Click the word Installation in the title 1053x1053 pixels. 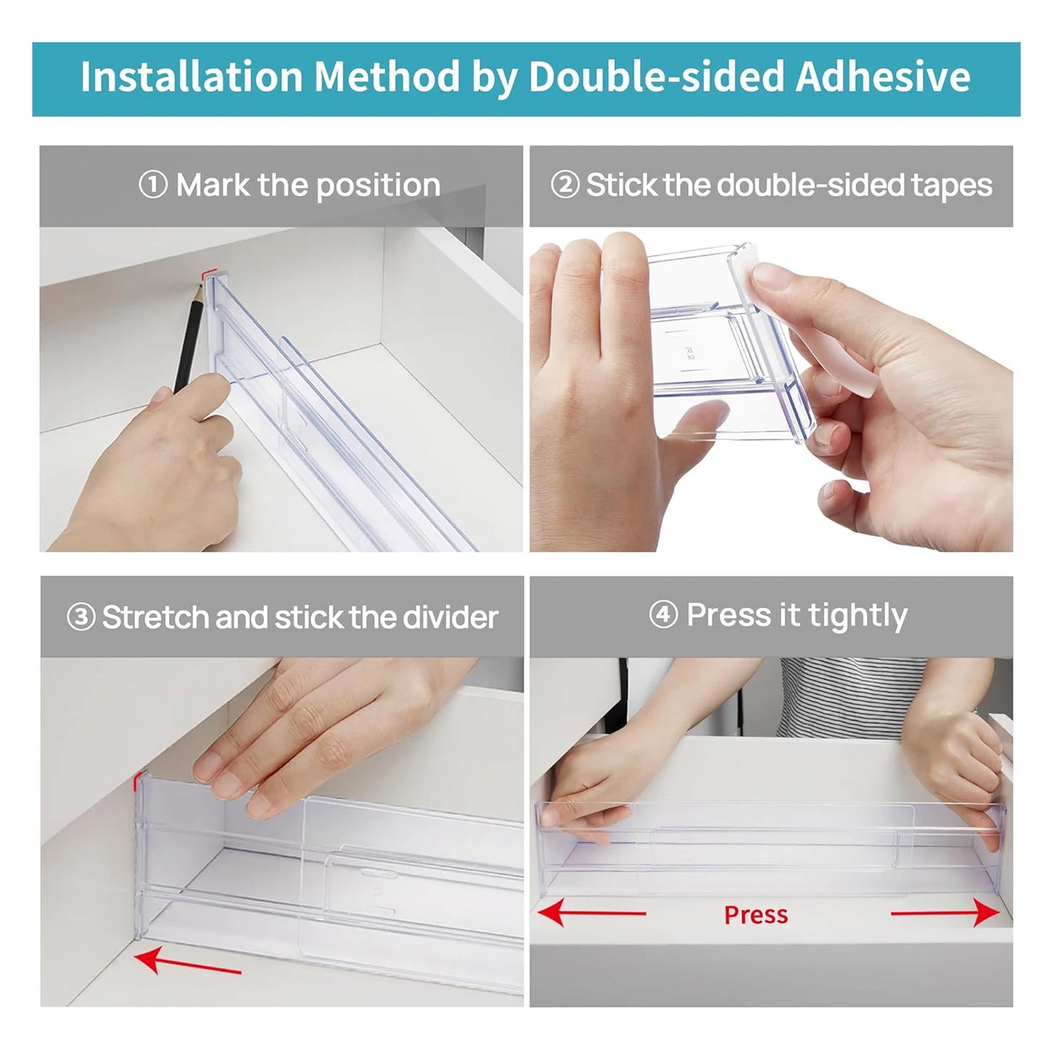tap(191, 77)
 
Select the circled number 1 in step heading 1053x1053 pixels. tap(153, 185)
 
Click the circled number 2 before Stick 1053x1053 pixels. tap(565, 185)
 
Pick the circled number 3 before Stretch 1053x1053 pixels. tap(81, 617)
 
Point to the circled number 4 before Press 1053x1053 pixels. tap(663, 615)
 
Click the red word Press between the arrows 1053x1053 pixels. tap(756, 915)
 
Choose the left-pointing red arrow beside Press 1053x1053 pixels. tap(592, 912)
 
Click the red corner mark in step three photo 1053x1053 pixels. tap(137, 782)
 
